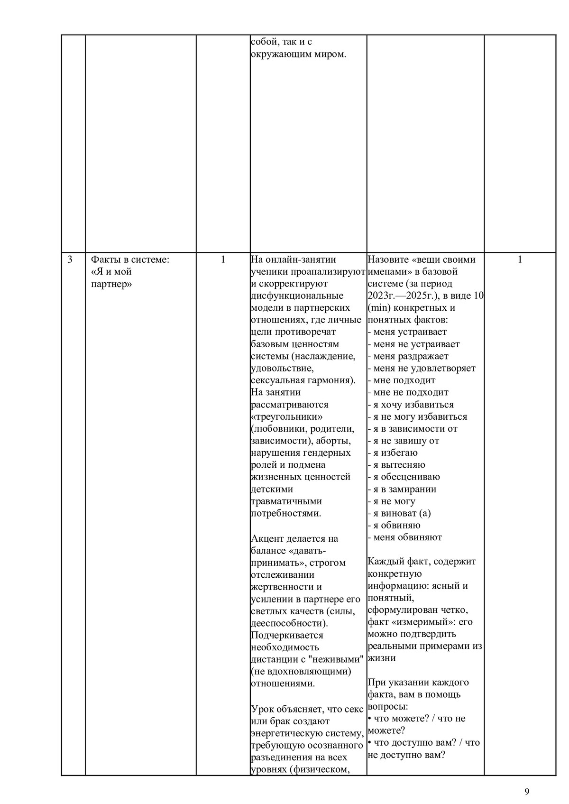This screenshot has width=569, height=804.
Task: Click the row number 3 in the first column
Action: [x=70, y=259]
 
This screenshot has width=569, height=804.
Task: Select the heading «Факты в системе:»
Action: [x=130, y=259]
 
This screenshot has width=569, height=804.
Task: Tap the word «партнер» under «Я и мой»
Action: [x=111, y=284]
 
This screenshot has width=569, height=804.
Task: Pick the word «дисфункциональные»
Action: [x=297, y=296]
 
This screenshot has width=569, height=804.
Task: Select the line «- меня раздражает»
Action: [x=408, y=356]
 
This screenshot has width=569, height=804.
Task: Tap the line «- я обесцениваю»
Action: [x=404, y=477]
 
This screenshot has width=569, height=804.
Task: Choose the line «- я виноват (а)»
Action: [x=399, y=513]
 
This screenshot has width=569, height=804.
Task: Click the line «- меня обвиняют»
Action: [x=404, y=537]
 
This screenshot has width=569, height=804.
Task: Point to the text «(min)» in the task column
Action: [x=378, y=308]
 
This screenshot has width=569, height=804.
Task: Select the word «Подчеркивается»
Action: [x=287, y=635]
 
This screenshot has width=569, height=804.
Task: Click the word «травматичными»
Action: [x=286, y=501]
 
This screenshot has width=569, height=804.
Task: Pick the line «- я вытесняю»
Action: [x=396, y=465]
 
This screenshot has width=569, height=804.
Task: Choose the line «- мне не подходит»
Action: [x=408, y=392]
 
